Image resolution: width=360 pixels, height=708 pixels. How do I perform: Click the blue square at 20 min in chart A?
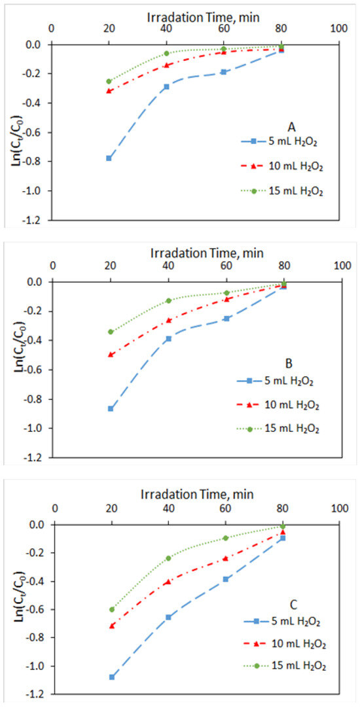pos(109,158)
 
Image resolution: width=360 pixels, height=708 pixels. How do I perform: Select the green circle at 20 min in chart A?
pos(109,81)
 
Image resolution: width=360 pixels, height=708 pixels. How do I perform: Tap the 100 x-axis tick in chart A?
pos(338,29)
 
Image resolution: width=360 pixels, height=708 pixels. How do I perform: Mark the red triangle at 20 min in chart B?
pos(110,355)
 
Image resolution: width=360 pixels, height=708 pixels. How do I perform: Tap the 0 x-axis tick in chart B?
pos(53,266)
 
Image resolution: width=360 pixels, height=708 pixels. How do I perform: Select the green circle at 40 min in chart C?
pos(168,558)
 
